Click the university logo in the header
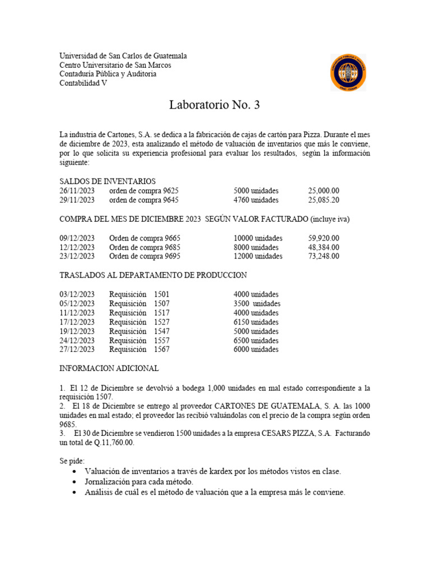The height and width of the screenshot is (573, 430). (x=348, y=72)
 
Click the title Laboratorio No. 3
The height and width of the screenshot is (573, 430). (x=215, y=105)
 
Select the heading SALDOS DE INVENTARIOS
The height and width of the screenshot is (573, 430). (x=107, y=181)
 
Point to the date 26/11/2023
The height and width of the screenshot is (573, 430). (x=77, y=191)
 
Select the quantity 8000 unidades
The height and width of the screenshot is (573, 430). (x=256, y=247)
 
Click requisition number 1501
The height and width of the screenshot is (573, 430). (x=161, y=294)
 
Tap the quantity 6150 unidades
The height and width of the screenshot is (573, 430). (x=256, y=322)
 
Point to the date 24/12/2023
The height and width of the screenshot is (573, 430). (x=77, y=340)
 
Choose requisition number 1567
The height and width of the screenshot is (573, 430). (x=161, y=350)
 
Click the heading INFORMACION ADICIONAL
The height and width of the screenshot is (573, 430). (x=109, y=369)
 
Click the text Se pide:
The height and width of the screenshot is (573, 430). (x=72, y=461)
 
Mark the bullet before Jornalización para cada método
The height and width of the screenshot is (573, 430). (x=75, y=482)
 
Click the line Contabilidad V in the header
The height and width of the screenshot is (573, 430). (x=83, y=83)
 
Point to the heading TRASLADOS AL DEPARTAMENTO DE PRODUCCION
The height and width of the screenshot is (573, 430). (x=153, y=275)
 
